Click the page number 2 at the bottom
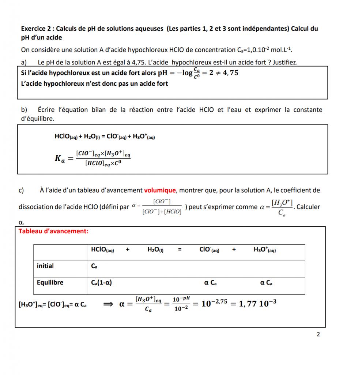[318, 334]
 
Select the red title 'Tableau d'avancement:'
[53, 231]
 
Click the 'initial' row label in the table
[45, 266]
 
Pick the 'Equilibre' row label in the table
[50, 282]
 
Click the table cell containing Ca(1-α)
[101, 283]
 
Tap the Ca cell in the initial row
[94, 266]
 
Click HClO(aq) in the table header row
[102, 250]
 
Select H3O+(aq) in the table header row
[265, 250]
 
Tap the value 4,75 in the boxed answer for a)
[229, 73]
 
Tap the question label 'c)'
[21, 190]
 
